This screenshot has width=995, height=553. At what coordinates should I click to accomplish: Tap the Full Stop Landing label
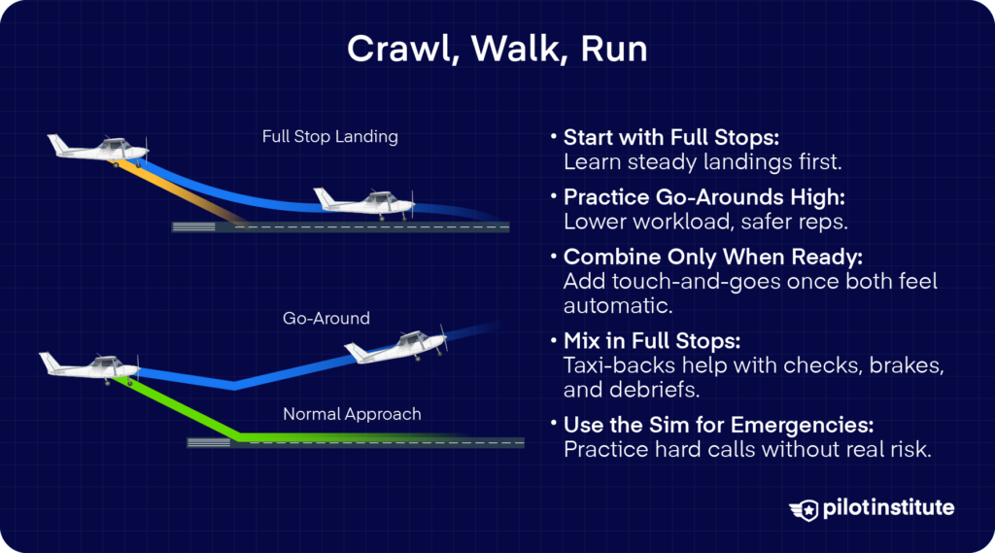point(329,136)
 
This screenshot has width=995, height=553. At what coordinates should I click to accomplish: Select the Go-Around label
point(326,318)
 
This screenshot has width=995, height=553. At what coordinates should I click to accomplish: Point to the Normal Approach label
point(352,414)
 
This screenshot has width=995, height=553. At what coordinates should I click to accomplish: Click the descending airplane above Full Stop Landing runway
point(99,149)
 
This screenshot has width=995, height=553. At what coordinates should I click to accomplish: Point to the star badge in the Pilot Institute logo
point(806,508)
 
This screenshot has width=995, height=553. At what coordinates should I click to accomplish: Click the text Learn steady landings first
point(669,160)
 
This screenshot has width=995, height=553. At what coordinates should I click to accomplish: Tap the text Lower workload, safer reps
point(671,221)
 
